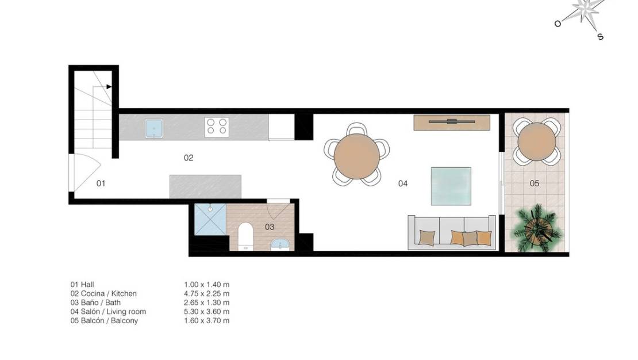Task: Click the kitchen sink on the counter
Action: coord(153,128)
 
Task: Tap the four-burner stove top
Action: coord(217,126)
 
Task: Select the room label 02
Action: coord(189,158)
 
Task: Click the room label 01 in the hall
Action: coord(101,183)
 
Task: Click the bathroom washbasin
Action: coord(280,244)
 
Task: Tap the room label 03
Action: coord(269,227)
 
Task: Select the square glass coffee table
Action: coord(451,186)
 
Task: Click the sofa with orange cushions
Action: coord(452,233)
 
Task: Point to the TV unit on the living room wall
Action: coord(451,122)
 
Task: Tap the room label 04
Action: coord(402,183)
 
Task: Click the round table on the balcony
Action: coord(537,141)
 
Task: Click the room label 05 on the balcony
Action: coord(535,183)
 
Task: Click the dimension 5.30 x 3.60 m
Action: coord(206,312)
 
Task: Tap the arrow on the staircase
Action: coord(109,86)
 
